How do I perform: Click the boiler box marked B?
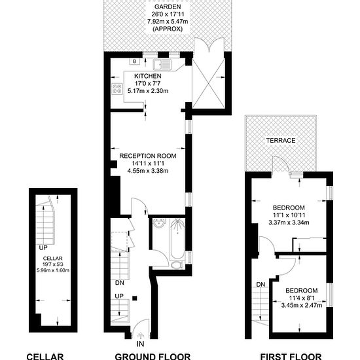point(135,62)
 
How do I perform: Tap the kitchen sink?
point(161,64)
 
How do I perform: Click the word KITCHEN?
point(148,76)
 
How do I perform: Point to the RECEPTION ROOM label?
point(148,156)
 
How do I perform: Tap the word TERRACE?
point(280,141)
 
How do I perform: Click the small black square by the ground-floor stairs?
point(135,298)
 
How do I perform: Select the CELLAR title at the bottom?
point(45,356)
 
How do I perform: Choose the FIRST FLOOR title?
point(291,356)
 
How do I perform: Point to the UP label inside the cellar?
point(43,249)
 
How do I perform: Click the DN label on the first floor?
point(261,284)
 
